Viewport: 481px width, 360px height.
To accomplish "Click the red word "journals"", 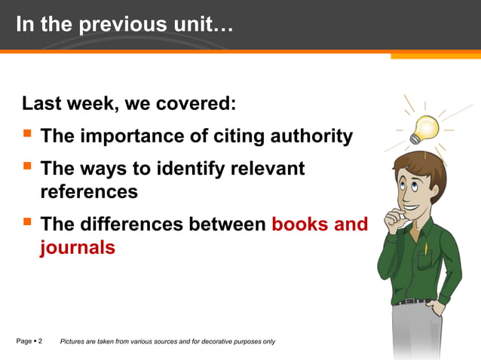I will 78,247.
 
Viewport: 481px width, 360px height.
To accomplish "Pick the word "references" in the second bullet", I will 89,191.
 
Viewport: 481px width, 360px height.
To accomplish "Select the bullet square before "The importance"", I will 27,135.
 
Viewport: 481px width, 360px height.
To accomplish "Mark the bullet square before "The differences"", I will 27,222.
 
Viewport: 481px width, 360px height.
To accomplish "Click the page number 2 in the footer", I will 40,341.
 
